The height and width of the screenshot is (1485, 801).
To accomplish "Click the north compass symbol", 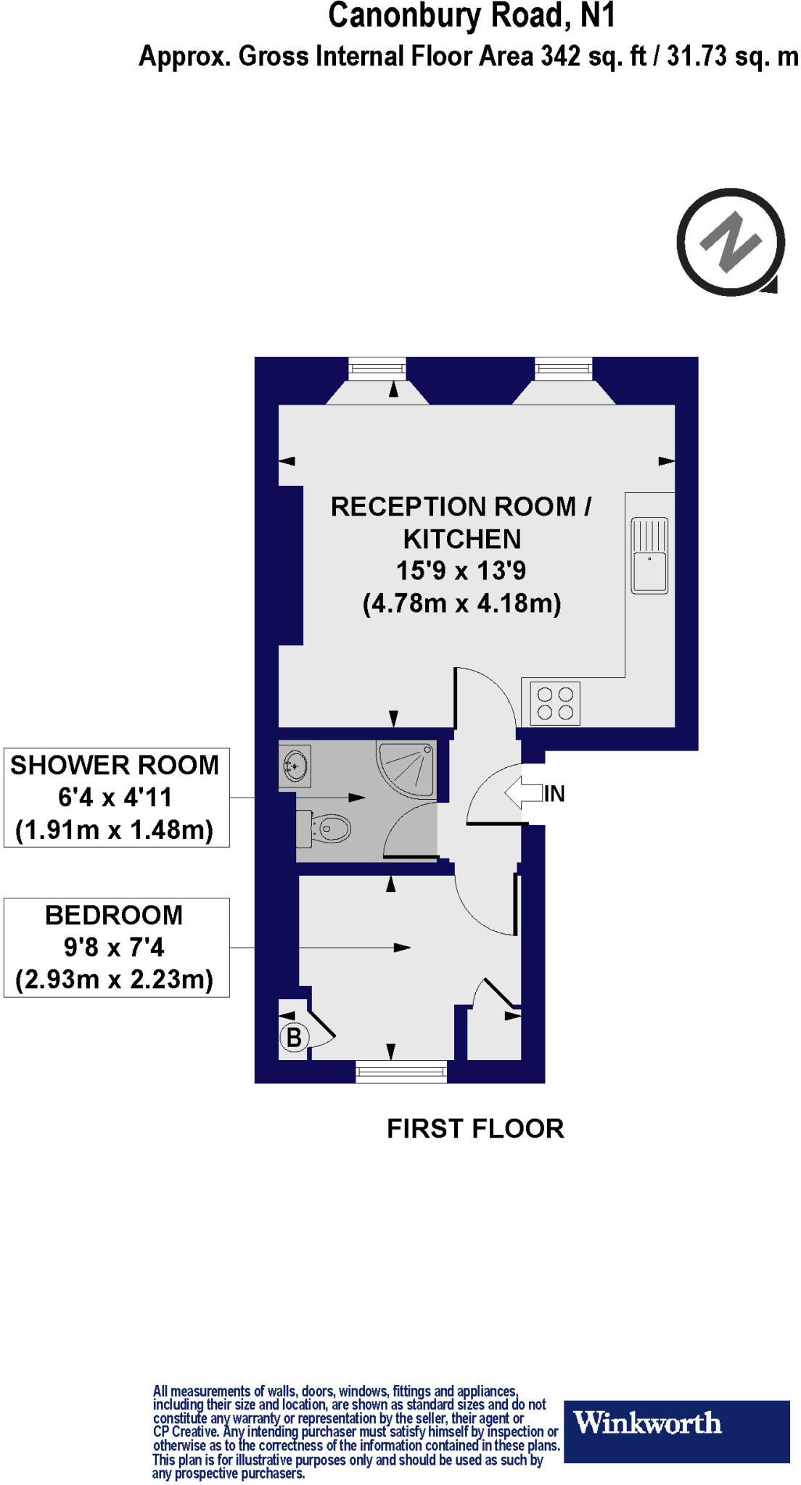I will pyautogui.click(x=731, y=242).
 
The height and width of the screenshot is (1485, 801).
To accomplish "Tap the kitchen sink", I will pyautogui.click(x=649, y=555).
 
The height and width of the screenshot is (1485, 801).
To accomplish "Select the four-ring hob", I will pyautogui.click(x=555, y=703).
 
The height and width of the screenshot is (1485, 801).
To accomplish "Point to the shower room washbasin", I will pyautogui.click(x=295, y=766).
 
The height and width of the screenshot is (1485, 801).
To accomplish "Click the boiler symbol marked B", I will pyautogui.click(x=294, y=1038).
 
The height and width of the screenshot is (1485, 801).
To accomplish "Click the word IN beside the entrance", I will pyautogui.click(x=554, y=794).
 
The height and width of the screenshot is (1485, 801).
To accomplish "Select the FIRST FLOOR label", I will pyautogui.click(x=475, y=1129).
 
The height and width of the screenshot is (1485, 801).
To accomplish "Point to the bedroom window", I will pyautogui.click(x=401, y=1072).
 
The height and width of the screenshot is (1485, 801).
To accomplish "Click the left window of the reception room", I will pyautogui.click(x=377, y=368).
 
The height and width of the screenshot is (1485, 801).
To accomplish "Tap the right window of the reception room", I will pyautogui.click(x=564, y=368).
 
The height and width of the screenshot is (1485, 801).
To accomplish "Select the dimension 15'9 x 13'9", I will pyautogui.click(x=461, y=571).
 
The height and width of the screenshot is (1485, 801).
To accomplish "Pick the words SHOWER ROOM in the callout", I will pyautogui.click(x=115, y=765).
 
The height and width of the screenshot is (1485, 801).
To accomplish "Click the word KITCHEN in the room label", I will pyautogui.click(x=462, y=539).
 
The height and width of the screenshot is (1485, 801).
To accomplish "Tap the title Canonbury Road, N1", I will pyautogui.click(x=472, y=16).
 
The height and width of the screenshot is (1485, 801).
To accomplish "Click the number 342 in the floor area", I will pyautogui.click(x=560, y=57).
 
